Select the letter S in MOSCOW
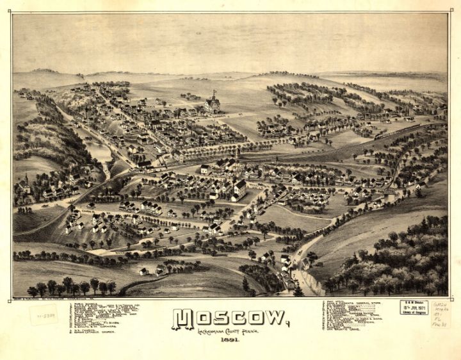(218, 318)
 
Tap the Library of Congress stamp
(414, 307)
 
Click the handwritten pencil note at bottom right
(441, 314)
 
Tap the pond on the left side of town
(99, 152)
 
